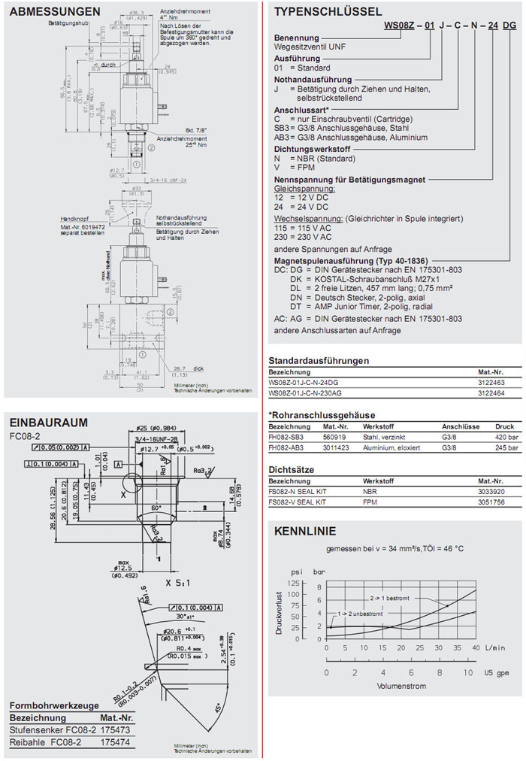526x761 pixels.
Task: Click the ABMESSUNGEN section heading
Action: tap(56, 11)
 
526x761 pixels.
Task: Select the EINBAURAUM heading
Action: tap(48, 423)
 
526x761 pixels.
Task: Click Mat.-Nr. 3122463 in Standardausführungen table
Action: tap(491, 381)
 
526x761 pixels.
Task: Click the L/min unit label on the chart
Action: tap(495, 647)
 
